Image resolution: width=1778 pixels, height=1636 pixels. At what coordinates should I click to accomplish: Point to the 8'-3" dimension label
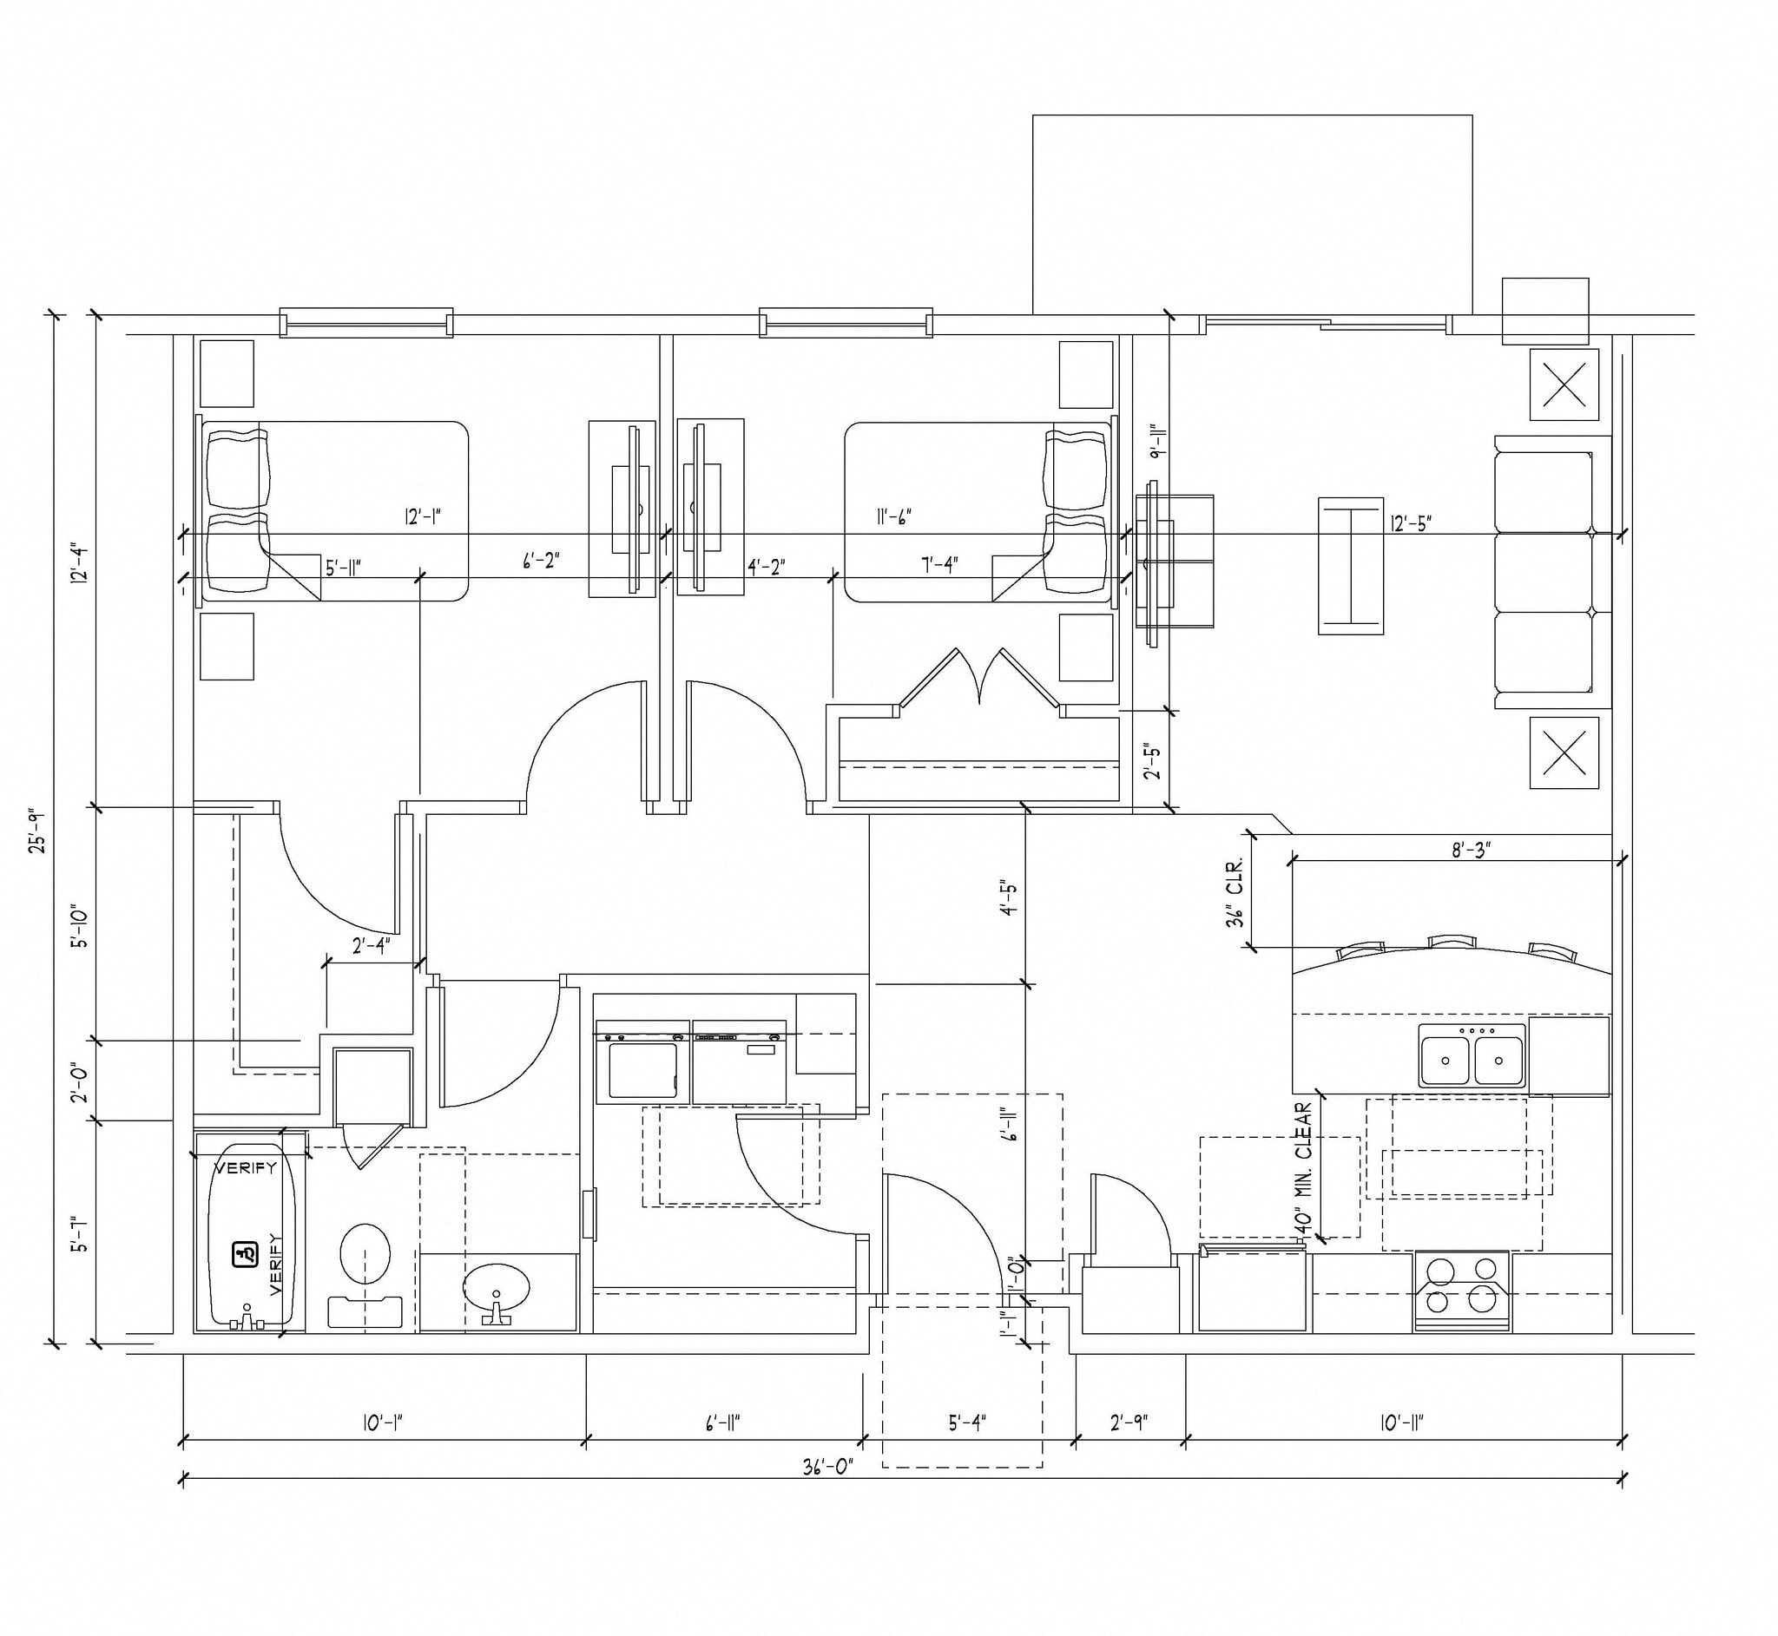pos(1471,850)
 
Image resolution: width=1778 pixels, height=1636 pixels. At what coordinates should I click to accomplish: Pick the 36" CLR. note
pos(1235,891)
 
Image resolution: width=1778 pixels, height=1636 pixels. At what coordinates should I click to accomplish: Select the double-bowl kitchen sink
pos(1472,1056)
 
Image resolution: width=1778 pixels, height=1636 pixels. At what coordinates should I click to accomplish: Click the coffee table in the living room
pos(1350,566)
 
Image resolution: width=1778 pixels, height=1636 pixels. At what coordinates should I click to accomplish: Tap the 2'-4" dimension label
pos(370,947)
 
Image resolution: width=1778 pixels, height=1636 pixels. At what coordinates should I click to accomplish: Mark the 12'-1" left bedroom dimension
pos(423,517)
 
